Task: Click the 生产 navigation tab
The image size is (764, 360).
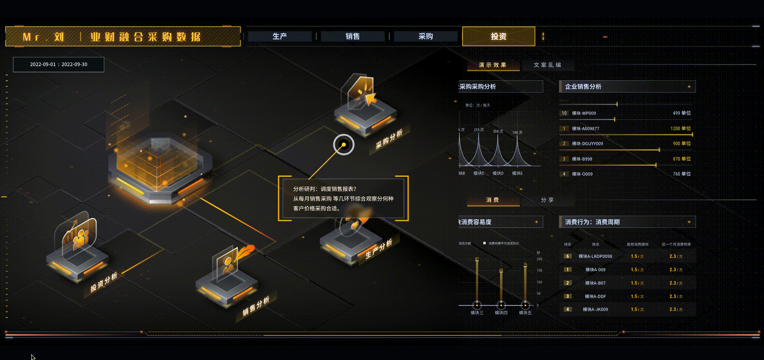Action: point(279,36)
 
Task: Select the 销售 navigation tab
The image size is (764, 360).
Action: point(352,36)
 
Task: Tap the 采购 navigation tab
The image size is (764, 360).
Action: point(425,36)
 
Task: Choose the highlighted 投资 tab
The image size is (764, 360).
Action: point(498,36)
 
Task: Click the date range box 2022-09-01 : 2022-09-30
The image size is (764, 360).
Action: point(58,64)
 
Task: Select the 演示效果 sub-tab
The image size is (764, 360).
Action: point(493,65)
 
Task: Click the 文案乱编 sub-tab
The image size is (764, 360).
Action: point(547,65)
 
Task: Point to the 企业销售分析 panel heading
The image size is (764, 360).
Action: point(583,87)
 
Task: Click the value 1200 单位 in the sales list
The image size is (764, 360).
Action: point(680,129)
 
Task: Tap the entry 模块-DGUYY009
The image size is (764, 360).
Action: point(587,144)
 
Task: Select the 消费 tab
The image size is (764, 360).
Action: point(493,200)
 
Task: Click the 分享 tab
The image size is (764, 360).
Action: point(547,200)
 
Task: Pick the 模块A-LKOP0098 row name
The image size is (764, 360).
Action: point(595,256)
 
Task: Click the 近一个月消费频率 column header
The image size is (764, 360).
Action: point(676,244)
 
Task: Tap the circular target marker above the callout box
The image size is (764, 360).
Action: point(343,145)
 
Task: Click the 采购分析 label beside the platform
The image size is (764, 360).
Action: point(389,139)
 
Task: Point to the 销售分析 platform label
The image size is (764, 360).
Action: point(256,306)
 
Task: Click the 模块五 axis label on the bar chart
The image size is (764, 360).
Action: point(525,313)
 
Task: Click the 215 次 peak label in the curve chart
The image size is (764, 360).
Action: point(479,130)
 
